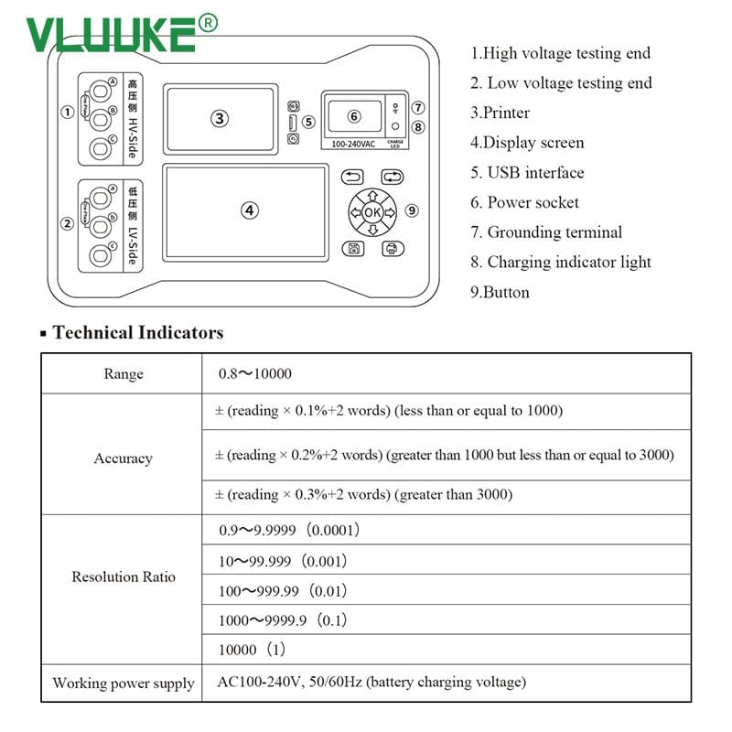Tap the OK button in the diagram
pos(371,212)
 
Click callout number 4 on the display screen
pos(249,210)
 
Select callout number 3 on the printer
pos(219,118)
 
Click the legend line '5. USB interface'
pos(527,173)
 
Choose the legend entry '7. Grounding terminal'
pos(546,232)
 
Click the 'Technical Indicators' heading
pos(137,332)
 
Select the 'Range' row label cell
pos(123,374)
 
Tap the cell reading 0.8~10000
pos(255,374)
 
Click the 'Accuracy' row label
pos(123,458)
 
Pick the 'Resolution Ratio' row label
pos(123,577)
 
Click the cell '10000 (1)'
pos(253,649)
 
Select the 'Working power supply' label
pos(123,684)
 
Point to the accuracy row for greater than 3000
pos(363,495)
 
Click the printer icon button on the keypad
pos(392,249)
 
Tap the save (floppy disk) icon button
pos(352,249)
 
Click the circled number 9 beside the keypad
pos(412,210)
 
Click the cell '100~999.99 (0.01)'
pos(283,591)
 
